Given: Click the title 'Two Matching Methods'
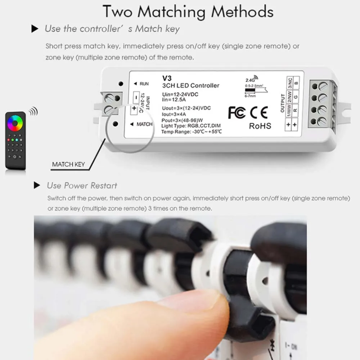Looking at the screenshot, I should click(x=188, y=12).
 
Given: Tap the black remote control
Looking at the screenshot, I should click(x=15, y=140).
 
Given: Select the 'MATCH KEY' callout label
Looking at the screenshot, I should click(x=68, y=165).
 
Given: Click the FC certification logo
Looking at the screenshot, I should click(x=237, y=112).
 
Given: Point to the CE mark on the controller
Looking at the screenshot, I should click(x=259, y=112).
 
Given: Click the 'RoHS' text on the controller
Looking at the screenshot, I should click(x=260, y=126).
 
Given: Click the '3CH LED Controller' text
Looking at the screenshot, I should click(x=190, y=86).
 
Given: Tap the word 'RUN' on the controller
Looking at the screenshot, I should click(x=144, y=84).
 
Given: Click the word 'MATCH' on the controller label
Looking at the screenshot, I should click(x=144, y=124).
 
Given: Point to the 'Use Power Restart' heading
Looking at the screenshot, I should click(x=82, y=186).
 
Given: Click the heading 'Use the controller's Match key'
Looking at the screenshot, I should click(x=112, y=29).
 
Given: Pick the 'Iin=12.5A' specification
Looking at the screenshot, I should click(x=175, y=99).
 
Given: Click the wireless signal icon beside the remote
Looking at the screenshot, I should click(x=33, y=111).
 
